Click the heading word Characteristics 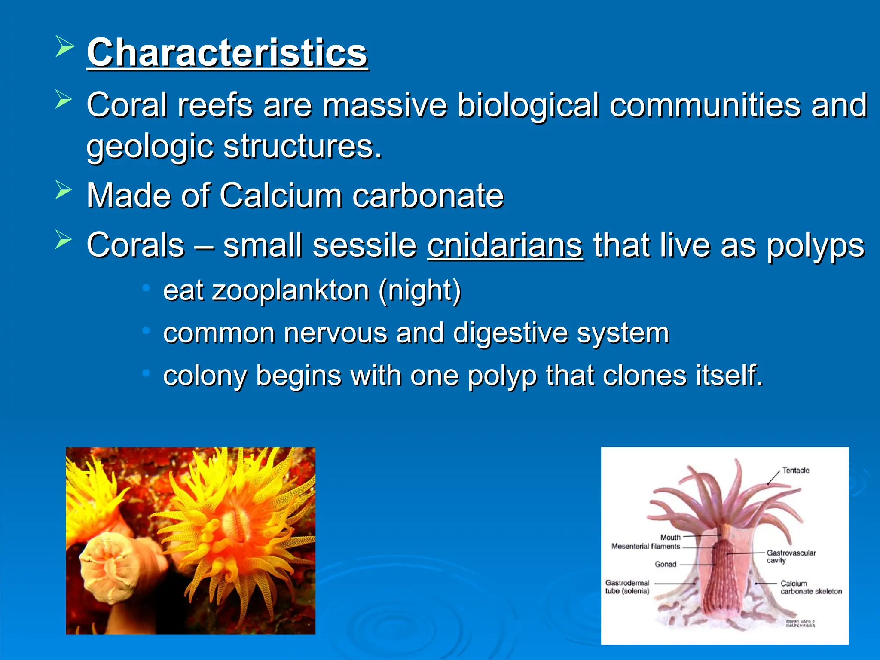(x=227, y=53)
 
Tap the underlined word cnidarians (x=505, y=245)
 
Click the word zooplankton (x=290, y=290)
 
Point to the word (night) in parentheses (x=419, y=290)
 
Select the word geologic (x=150, y=147)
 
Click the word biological (x=528, y=105)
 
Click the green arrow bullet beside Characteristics (x=64, y=47)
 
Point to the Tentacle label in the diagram (x=795, y=471)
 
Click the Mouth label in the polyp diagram (x=670, y=537)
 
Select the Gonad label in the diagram (x=665, y=564)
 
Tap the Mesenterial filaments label (x=645, y=547)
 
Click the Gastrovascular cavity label (x=791, y=556)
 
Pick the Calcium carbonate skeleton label (x=810, y=587)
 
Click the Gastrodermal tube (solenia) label (x=627, y=587)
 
